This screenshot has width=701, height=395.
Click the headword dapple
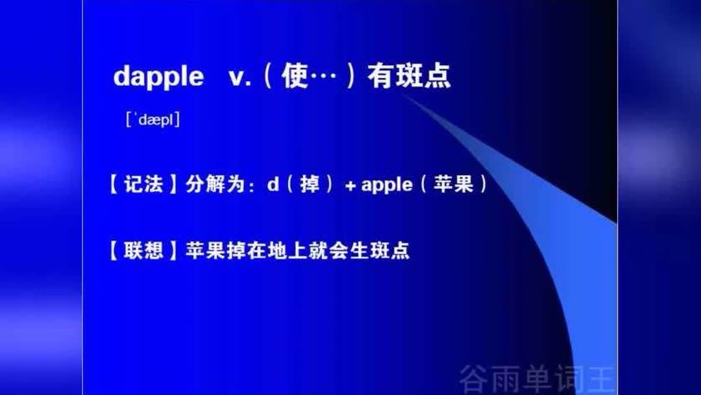click(158, 77)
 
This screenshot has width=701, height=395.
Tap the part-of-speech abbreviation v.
click(240, 77)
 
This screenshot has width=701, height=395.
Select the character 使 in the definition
click(295, 77)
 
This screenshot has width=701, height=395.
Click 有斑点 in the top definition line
click(409, 77)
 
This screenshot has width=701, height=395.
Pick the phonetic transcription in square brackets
click(153, 120)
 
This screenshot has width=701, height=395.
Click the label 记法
click(143, 185)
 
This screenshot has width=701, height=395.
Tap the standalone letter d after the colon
click(273, 185)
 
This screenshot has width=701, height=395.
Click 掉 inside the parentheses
click(310, 185)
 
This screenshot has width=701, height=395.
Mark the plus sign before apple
click(350, 186)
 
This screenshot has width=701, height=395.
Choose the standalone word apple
click(386, 186)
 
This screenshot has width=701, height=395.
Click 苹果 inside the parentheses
click(454, 185)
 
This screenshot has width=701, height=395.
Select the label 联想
click(143, 250)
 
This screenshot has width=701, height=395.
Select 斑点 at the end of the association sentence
click(395, 250)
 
